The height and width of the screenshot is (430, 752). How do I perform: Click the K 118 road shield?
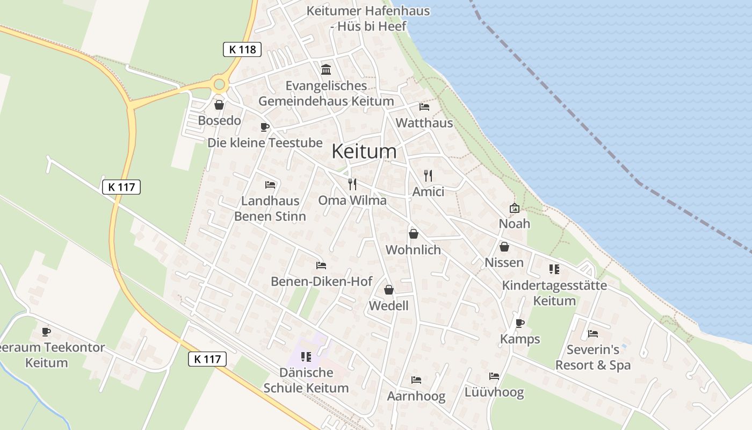(242, 49)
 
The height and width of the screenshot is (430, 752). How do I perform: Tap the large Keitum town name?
(364, 151)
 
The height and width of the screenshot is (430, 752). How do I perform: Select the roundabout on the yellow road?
(219, 84)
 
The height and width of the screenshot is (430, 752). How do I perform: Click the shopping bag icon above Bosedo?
(219, 105)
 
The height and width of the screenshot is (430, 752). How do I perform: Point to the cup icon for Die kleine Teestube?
(264, 127)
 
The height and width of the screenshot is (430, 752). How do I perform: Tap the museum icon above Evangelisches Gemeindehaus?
(326, 69)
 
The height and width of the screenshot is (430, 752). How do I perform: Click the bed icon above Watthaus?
(424, 106)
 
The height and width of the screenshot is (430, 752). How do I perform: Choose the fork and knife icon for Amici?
(428, 175)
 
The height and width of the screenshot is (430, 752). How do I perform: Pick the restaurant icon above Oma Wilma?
(352, 184)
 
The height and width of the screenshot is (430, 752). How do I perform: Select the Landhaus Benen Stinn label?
(270, 209)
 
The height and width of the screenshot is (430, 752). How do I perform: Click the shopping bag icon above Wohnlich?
(413, 234)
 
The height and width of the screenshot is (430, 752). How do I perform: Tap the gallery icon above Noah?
(514, 207)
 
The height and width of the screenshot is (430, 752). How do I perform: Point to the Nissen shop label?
(504, 263)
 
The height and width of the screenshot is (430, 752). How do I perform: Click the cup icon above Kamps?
(519, 323)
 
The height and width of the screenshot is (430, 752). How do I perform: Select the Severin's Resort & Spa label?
(593, 357)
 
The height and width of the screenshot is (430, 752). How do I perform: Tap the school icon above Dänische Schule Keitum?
(306, 356)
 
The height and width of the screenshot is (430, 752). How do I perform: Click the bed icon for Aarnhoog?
(416, 380)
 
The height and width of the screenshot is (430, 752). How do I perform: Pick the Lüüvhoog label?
(494, 392)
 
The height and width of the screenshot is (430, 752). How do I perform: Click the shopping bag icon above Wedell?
(388, 290)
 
